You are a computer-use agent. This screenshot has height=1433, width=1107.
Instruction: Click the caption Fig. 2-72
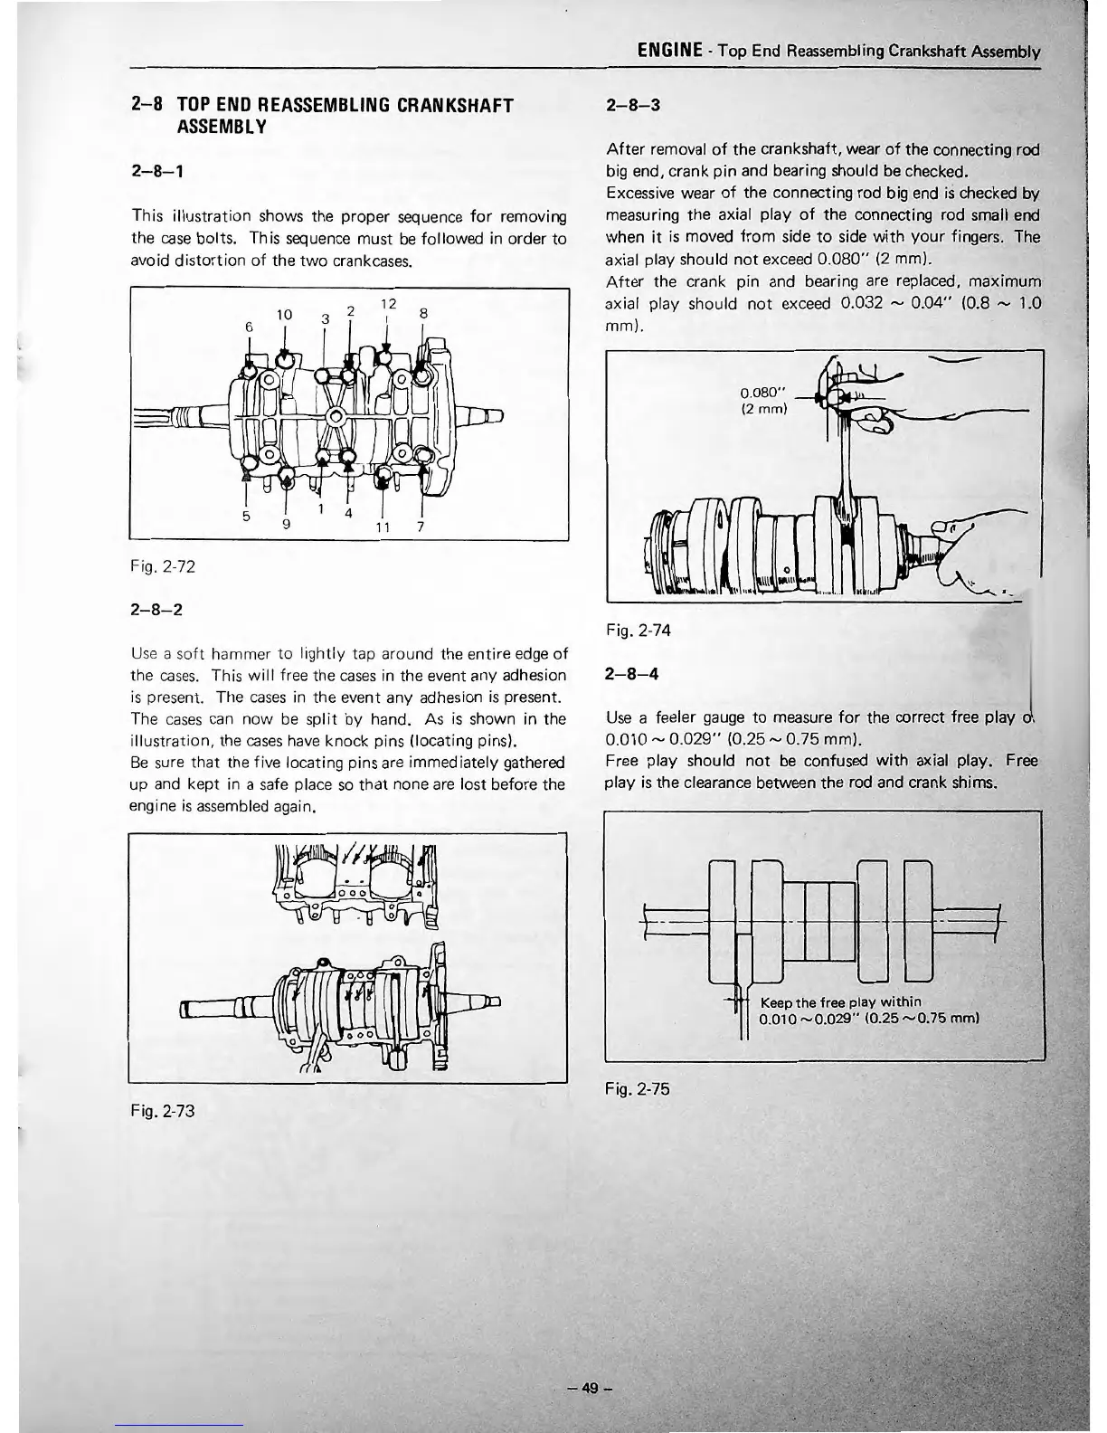[163, 567]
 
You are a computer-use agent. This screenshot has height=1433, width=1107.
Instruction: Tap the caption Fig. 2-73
[163, 1109]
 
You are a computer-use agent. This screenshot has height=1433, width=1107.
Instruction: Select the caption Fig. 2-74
[639, 631]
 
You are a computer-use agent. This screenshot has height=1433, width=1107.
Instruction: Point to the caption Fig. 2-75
[639, 1089]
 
